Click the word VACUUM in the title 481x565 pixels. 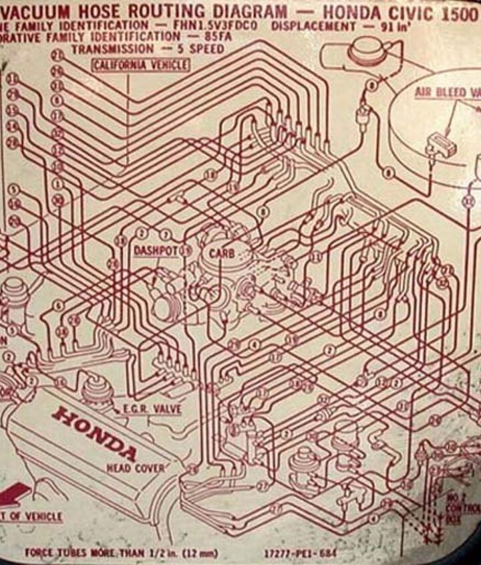coord(39,11)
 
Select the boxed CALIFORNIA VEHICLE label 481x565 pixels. coord(140,65)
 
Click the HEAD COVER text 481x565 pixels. coord(134,468)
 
